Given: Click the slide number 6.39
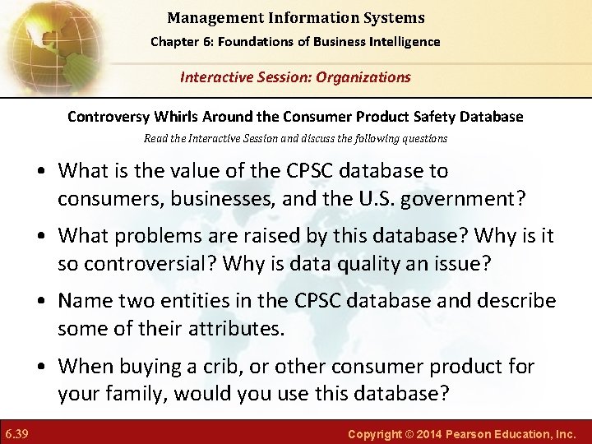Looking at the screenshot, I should [x=16, y=432].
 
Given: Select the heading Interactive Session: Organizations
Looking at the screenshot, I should [x=295, y=77].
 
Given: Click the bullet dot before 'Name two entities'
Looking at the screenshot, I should [x=42, y=302].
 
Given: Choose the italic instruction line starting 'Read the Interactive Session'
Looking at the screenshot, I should [x=295, y=138].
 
